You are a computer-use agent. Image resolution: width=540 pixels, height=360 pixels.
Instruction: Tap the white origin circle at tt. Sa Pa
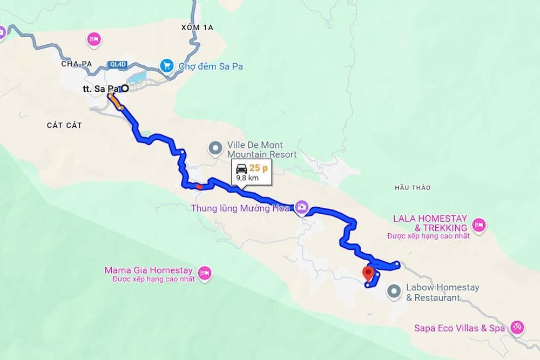tap(125, 89)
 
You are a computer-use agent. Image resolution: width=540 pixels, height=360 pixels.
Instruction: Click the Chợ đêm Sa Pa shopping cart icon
tap(167, 66)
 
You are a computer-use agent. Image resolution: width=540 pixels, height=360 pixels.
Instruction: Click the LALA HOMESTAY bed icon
tap(478, 223)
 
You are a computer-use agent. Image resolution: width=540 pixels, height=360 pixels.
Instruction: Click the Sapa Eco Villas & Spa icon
tap(517, 327)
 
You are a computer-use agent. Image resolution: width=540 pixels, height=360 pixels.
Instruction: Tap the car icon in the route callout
tap(241, 168)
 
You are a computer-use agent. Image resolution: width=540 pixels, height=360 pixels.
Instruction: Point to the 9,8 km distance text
tap(247, 178)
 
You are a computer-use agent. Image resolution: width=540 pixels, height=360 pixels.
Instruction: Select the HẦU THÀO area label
tap(413, 188)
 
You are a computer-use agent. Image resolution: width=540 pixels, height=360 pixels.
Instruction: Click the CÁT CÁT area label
tap(64, 125)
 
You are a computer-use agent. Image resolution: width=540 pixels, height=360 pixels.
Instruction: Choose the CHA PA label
tap(77, 64)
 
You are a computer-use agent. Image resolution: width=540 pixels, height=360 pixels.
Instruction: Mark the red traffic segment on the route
tap(199, 187)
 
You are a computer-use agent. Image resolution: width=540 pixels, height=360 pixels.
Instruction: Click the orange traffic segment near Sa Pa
tap(114, 100)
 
